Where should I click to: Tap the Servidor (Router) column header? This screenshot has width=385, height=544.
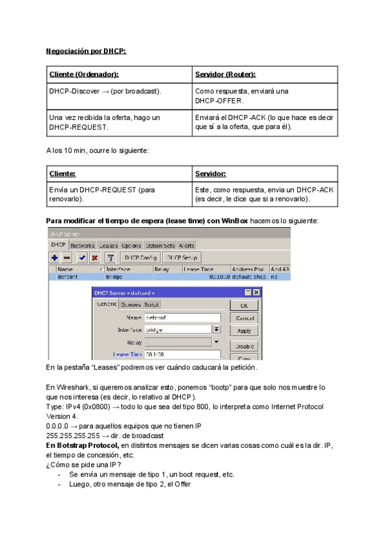click(225, 74)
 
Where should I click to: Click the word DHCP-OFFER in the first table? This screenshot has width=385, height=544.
click(219, 101)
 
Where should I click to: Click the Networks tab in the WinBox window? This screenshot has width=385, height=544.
click(82, 246)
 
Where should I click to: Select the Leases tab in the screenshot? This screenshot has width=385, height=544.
click(108, 246)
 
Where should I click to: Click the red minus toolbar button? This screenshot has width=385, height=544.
click(67, 257)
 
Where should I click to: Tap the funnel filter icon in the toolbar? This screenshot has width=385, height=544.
click(110, 257)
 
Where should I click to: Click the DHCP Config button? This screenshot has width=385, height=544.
click(140, 257)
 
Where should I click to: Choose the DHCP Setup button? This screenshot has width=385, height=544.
click(182, 257)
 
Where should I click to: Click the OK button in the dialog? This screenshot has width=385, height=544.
click(244, 306)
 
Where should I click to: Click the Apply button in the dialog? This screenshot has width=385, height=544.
click(244, 331)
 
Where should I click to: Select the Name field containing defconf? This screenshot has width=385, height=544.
click(182, 318)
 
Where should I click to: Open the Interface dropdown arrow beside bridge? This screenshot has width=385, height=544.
click(216, 329)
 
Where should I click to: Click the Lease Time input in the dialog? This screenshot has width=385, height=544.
click(182, 353)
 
